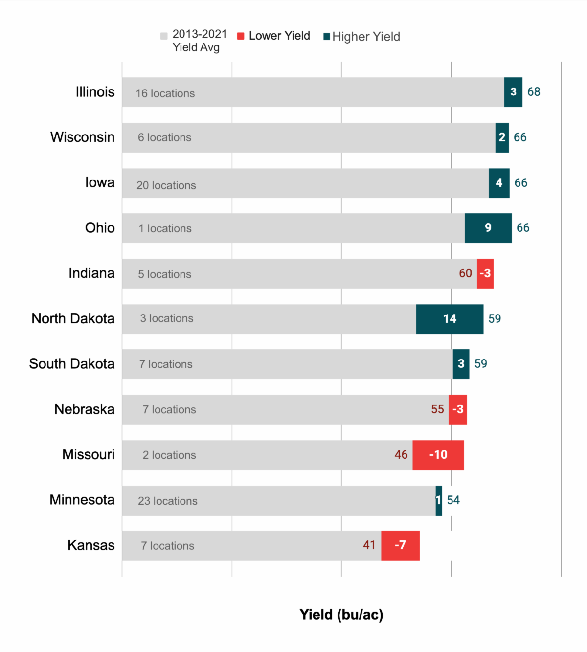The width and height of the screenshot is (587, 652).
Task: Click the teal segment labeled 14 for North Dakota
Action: pos(450,319)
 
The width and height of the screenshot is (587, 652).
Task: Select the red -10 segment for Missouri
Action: pos(438,455)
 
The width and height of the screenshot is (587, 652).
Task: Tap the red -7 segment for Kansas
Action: pos(400,545)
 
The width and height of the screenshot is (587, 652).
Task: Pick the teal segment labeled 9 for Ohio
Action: pos(488,228)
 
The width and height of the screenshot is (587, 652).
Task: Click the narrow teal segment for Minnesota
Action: pos(439,500)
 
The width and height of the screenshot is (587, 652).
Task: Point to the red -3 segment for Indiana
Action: pos(485,273)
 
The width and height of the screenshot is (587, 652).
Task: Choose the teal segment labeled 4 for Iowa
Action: pos(499,183)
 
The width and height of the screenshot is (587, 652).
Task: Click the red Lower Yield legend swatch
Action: pos(241,36)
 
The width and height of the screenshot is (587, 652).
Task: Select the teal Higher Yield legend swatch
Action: pos(327,37)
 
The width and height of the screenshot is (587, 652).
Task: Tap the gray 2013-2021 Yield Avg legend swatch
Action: pos(164,36)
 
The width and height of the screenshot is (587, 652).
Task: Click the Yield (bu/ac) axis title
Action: pos(341,615)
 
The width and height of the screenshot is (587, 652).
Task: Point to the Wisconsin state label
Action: pos(82,137)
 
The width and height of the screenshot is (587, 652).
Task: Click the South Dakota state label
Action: pos(71,364)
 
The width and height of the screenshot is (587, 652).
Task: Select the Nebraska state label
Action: pos(84,409)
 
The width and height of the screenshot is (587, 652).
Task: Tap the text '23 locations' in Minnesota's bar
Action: pos(167,501)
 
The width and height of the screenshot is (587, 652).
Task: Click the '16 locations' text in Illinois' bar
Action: pos(165,93)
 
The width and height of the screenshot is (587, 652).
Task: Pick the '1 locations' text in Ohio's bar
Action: pos(165,228)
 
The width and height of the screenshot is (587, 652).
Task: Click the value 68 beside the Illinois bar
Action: pos(534,92)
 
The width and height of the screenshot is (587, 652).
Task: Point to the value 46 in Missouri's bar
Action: pos(401,455)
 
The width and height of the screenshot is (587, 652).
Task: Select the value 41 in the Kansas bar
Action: pos(369,545)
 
